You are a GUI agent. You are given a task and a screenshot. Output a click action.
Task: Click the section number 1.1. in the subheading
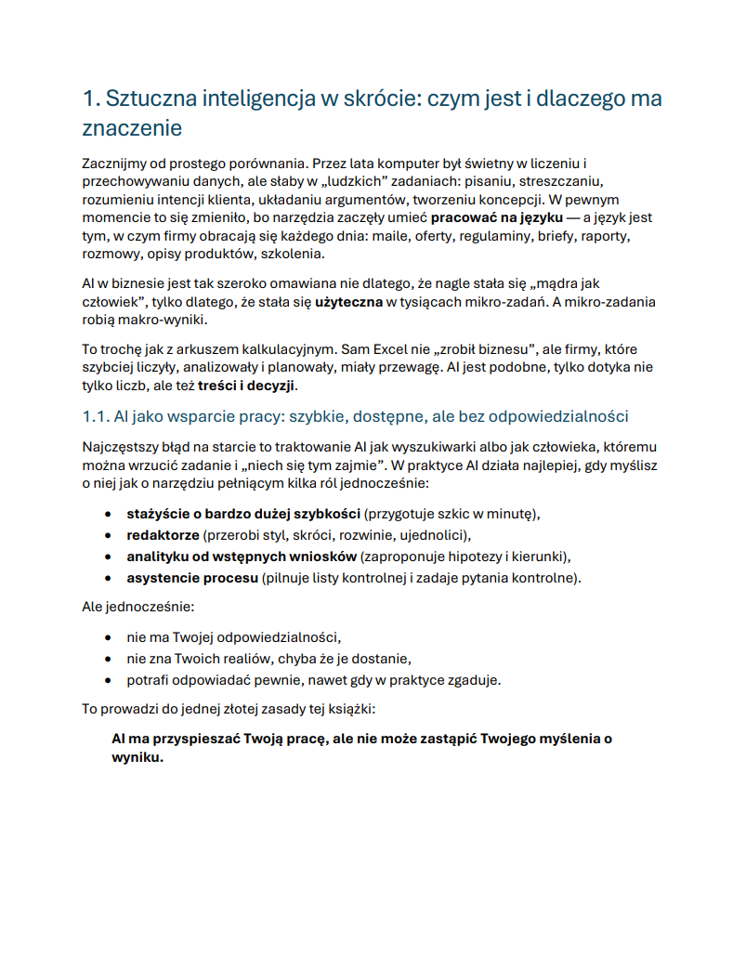pos(97,416)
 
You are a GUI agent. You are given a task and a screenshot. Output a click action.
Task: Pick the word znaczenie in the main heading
pos(132,127)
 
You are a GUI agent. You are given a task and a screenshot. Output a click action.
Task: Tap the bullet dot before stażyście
pos(110,514)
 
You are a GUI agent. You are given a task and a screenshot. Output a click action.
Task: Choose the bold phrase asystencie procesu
pos(192,577)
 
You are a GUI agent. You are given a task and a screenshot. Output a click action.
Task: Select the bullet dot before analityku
pos(110,557)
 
